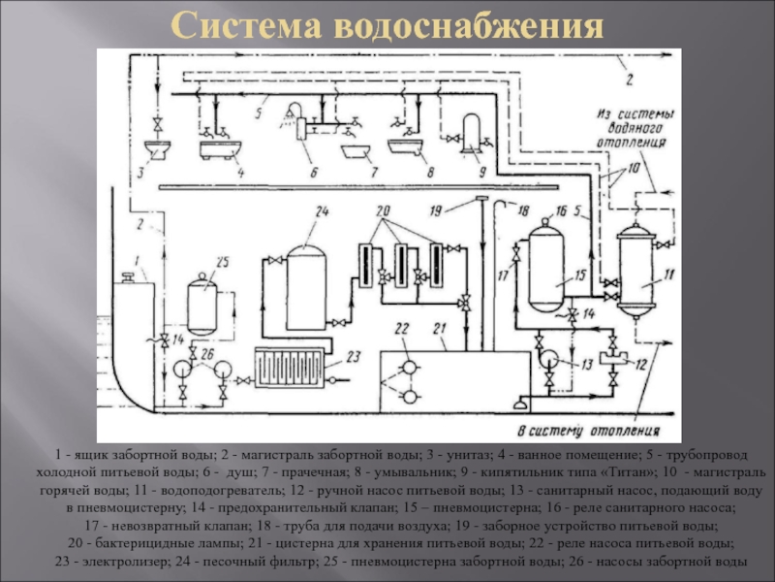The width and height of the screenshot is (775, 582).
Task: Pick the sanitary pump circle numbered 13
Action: coord(548,357)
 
